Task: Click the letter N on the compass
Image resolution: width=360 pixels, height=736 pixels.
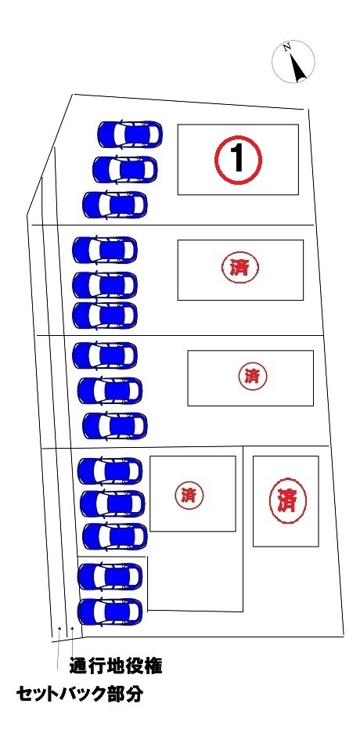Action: tap(287, 47)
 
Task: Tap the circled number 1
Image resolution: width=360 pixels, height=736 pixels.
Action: tap(238, 160)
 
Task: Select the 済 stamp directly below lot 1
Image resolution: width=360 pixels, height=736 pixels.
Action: tap(239, 268)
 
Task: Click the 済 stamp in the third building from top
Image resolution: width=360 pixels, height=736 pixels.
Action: tap(252, 376)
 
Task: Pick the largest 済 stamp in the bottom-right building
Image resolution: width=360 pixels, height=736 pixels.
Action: tap(288, 501)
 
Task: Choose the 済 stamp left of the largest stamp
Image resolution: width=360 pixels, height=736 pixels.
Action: tap(189, 495)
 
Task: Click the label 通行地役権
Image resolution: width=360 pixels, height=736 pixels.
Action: tap(116, 666)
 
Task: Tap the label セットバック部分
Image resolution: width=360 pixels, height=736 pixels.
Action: tap(79, 695)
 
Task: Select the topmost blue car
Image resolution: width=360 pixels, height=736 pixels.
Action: tap(130, 134)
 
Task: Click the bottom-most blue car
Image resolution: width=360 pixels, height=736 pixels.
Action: tap(110, 612)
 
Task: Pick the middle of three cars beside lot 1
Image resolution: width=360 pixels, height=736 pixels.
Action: tap(125, 169)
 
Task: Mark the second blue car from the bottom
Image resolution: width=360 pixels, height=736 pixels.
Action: tap(110, 576)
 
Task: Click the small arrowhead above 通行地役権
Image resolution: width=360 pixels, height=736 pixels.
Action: tap(72, 627)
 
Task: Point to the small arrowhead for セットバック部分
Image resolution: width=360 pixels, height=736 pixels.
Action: tap(59, 627)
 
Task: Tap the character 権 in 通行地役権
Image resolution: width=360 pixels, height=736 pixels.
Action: tap(153, 666)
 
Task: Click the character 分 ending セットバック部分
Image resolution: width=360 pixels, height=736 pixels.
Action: tap(134, 695)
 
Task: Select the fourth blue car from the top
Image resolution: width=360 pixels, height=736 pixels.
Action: tap(105, 251)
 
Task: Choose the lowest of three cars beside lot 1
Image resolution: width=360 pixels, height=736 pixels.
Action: tap(115, 204)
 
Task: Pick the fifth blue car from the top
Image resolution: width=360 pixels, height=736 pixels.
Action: tap(105, 285)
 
